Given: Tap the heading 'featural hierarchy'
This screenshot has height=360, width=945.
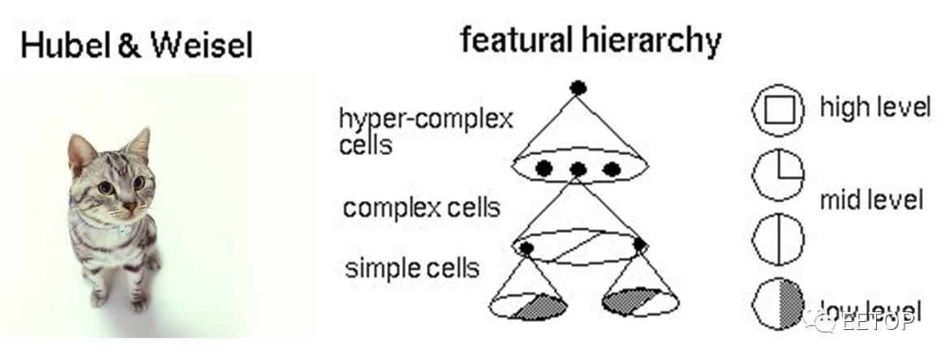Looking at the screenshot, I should [591, 40].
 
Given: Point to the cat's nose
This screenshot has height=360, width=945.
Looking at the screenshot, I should [127, 208].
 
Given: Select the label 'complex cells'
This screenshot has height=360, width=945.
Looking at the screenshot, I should [421, 208].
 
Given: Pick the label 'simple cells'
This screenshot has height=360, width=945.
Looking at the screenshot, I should [412, 267].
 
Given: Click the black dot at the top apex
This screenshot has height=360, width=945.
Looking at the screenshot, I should [578, 88].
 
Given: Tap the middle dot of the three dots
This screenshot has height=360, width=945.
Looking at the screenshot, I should [578, 169].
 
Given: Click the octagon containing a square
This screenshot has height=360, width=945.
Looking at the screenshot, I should [778, 112].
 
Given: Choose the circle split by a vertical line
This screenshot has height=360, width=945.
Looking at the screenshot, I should [778, 242].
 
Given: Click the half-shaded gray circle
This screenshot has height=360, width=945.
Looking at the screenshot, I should [778, 306].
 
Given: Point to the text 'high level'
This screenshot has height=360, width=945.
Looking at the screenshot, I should [874, 106].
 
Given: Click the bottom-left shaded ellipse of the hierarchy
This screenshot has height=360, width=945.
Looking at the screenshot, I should [530, 306].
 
